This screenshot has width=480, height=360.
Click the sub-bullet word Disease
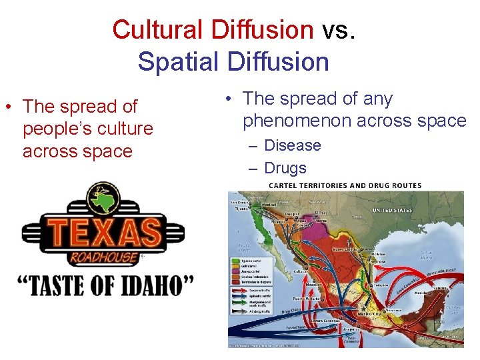(293, 145)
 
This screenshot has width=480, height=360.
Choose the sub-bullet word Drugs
(285, 168)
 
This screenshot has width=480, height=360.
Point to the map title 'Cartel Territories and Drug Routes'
(345, 185)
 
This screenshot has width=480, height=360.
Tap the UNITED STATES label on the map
(391, 211)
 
